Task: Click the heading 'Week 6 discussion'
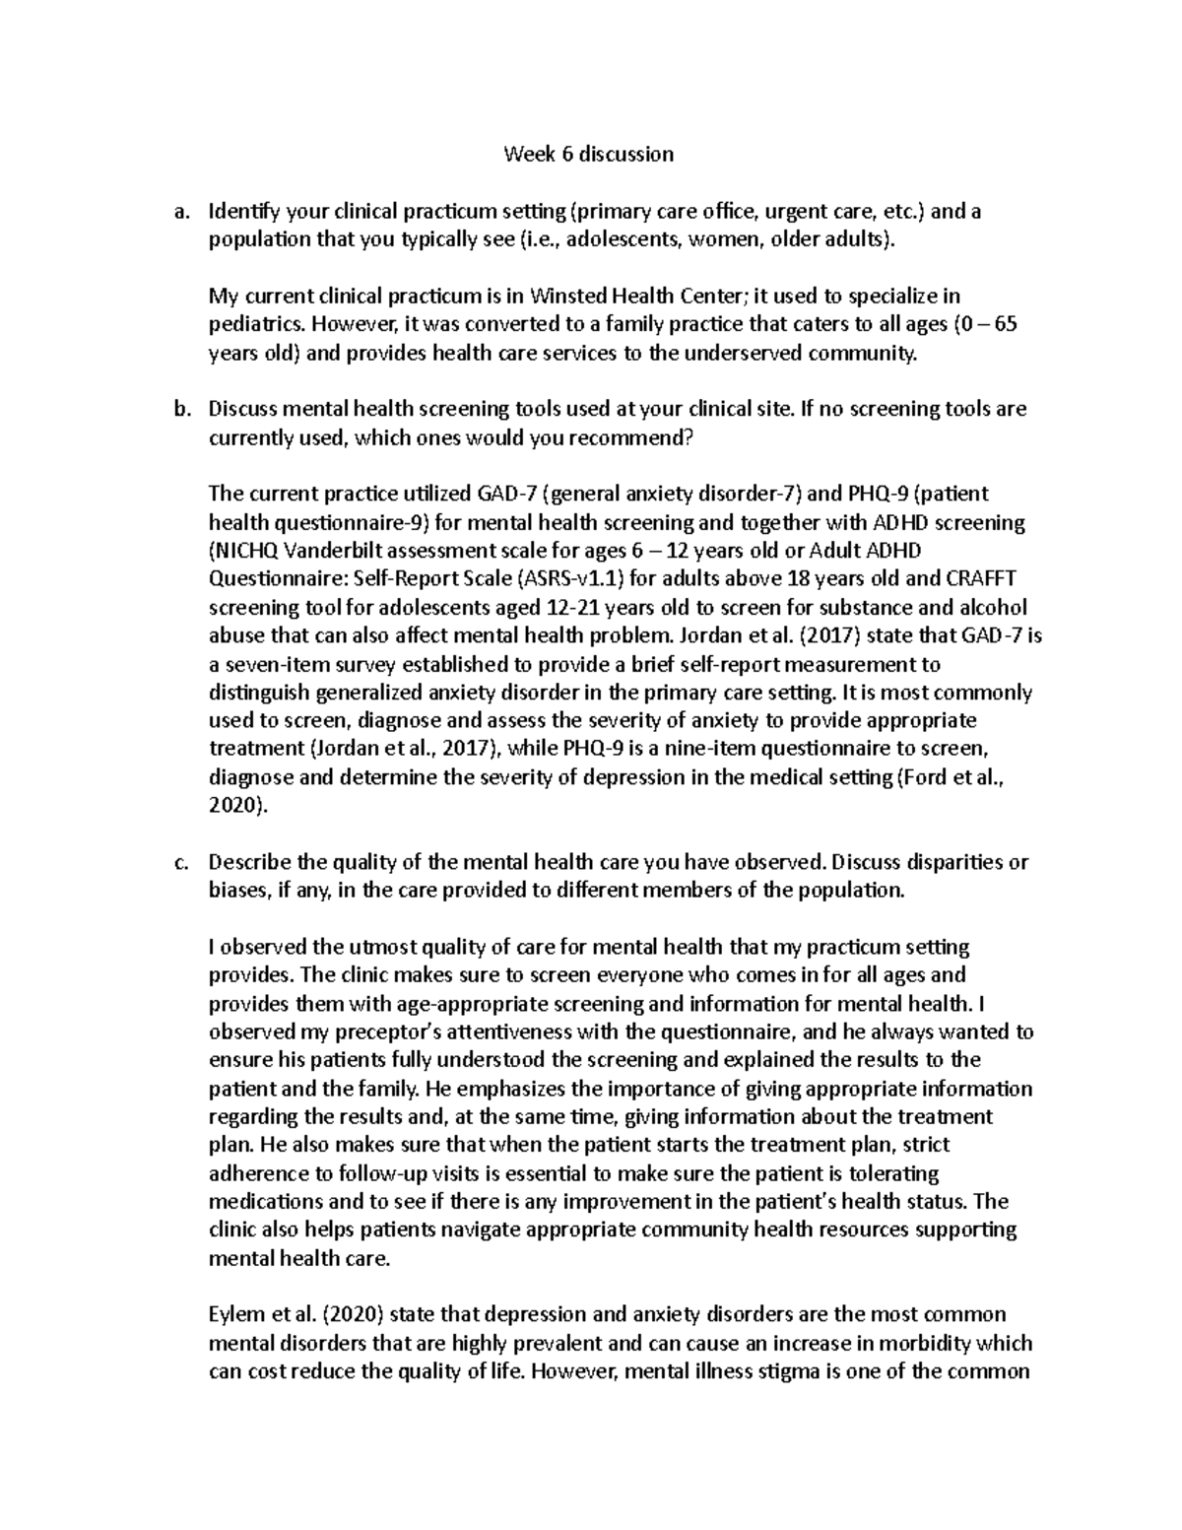click(588, 154)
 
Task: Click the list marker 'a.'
click(179, 211)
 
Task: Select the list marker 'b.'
click(179, 409)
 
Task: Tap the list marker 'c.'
click(179, 862)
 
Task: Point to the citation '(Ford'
click(928, 777)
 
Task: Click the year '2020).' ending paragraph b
click(237, 806)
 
